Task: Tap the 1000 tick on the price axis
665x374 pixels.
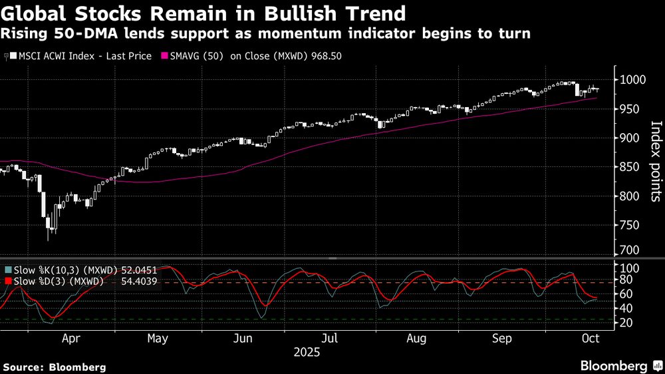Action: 632,80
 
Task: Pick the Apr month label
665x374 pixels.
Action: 70,338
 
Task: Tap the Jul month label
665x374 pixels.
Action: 330,338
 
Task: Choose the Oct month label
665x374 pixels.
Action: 590,338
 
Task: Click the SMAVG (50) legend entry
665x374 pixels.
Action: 196,57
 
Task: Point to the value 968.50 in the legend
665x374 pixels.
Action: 326,57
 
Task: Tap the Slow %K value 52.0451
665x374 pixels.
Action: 138,270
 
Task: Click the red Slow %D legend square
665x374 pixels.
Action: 8,281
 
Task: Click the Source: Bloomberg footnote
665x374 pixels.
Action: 55,367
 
